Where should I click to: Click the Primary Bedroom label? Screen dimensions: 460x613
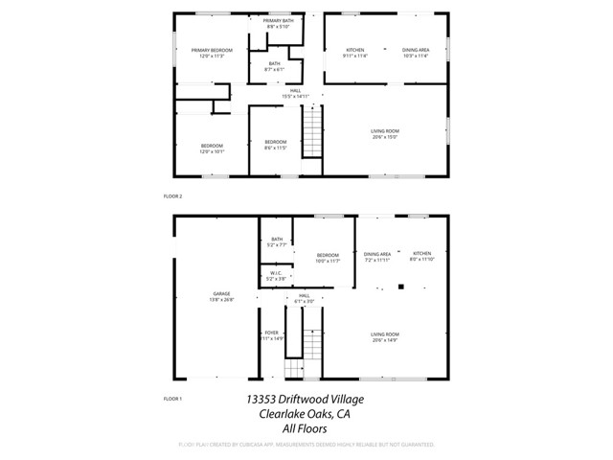point(212,53)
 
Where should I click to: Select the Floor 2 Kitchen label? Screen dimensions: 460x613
point(355,53)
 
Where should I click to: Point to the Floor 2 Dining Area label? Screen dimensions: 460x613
point(415,53)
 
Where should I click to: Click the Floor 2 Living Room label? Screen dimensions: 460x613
point(385,133)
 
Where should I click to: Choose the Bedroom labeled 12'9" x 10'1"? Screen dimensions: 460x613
point(212,149)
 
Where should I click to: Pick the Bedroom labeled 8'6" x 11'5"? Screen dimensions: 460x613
point(275,145)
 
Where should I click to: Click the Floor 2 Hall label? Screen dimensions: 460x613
point(295,93)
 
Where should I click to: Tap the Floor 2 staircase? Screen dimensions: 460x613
point(312,133)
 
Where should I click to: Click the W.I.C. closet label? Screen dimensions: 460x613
point(275,275)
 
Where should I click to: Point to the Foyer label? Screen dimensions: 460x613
point(271,334)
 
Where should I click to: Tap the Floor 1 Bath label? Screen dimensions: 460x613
point(276,241)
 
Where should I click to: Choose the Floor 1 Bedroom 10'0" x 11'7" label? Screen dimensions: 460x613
point(328,257)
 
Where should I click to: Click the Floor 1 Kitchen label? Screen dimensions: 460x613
point(421,257)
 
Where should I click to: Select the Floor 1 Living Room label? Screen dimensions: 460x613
point(385,336)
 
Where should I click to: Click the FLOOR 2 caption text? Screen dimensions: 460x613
point(172,195)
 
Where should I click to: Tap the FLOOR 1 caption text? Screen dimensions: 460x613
point(172,398)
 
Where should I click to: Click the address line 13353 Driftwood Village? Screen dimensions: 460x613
point(305,399)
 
